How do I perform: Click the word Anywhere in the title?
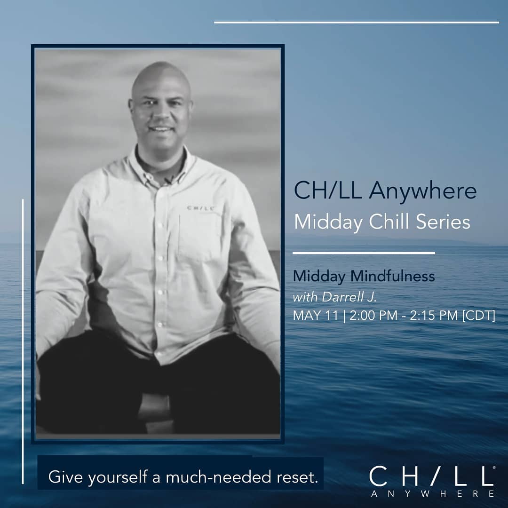coord(423,191)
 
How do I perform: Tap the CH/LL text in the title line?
coord(328,190)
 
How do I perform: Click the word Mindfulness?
coord(393,277)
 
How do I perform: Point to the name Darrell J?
coord(349,297)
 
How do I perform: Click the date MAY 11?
coord(316,315)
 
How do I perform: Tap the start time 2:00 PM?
coord(373,315)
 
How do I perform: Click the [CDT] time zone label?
coord(479,316)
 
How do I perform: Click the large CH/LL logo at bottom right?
coord(432,476)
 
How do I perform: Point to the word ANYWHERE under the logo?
coord(433,494)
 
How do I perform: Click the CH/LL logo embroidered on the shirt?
coord(200,208)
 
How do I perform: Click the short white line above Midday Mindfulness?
coord(364,253)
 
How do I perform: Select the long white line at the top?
coord(357,23)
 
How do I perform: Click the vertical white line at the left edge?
coord(23,341)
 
